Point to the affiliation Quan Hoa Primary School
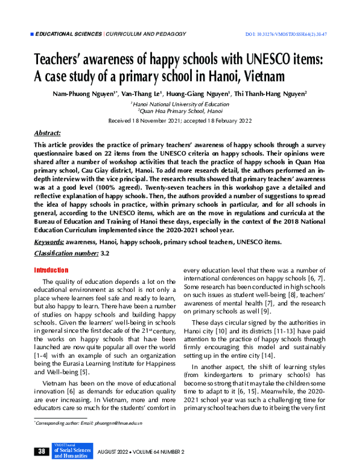click(x=181, y=111)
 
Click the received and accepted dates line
click(x=180, y=121)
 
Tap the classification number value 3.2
click(x=104, y=254)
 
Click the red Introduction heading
click(x=51, y=271)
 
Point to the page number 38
click(x=42, y=452)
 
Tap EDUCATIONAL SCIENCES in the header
click(x=69, y=34)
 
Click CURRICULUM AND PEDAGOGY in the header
click(x=145, y=34)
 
